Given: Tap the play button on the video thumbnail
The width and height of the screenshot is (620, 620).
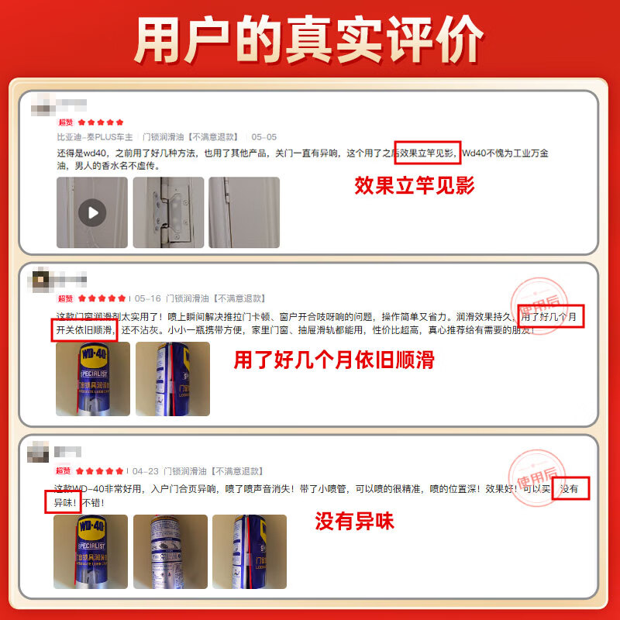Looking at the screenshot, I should click(92, 212).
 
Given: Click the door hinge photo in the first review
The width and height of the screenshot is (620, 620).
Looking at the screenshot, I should click(168, 212).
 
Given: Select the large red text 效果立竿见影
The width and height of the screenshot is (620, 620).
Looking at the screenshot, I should click(414, 186).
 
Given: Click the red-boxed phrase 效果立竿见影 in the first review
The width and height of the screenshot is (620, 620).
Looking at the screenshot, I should click(428, 153).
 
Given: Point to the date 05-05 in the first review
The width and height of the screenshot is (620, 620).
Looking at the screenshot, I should click(263, 136).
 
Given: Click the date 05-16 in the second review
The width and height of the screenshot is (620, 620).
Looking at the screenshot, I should click(148, 298).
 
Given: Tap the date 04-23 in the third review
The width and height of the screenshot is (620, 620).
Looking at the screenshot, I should click(146, 470).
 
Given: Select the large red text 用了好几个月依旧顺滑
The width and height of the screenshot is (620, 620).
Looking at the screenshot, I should click(334, 360).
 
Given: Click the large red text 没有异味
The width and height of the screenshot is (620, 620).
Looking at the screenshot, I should click(354, 521).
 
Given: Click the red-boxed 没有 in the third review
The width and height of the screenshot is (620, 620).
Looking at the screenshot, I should click(570, 489).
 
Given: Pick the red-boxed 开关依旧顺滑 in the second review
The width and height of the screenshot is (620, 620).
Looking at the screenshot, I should click(85, 330).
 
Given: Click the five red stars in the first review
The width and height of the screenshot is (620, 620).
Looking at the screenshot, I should click(100, 122).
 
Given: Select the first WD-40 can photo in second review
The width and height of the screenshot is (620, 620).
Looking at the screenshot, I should click(92, 379).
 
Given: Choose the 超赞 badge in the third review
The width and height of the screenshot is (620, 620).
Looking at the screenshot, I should click(64, 470).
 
